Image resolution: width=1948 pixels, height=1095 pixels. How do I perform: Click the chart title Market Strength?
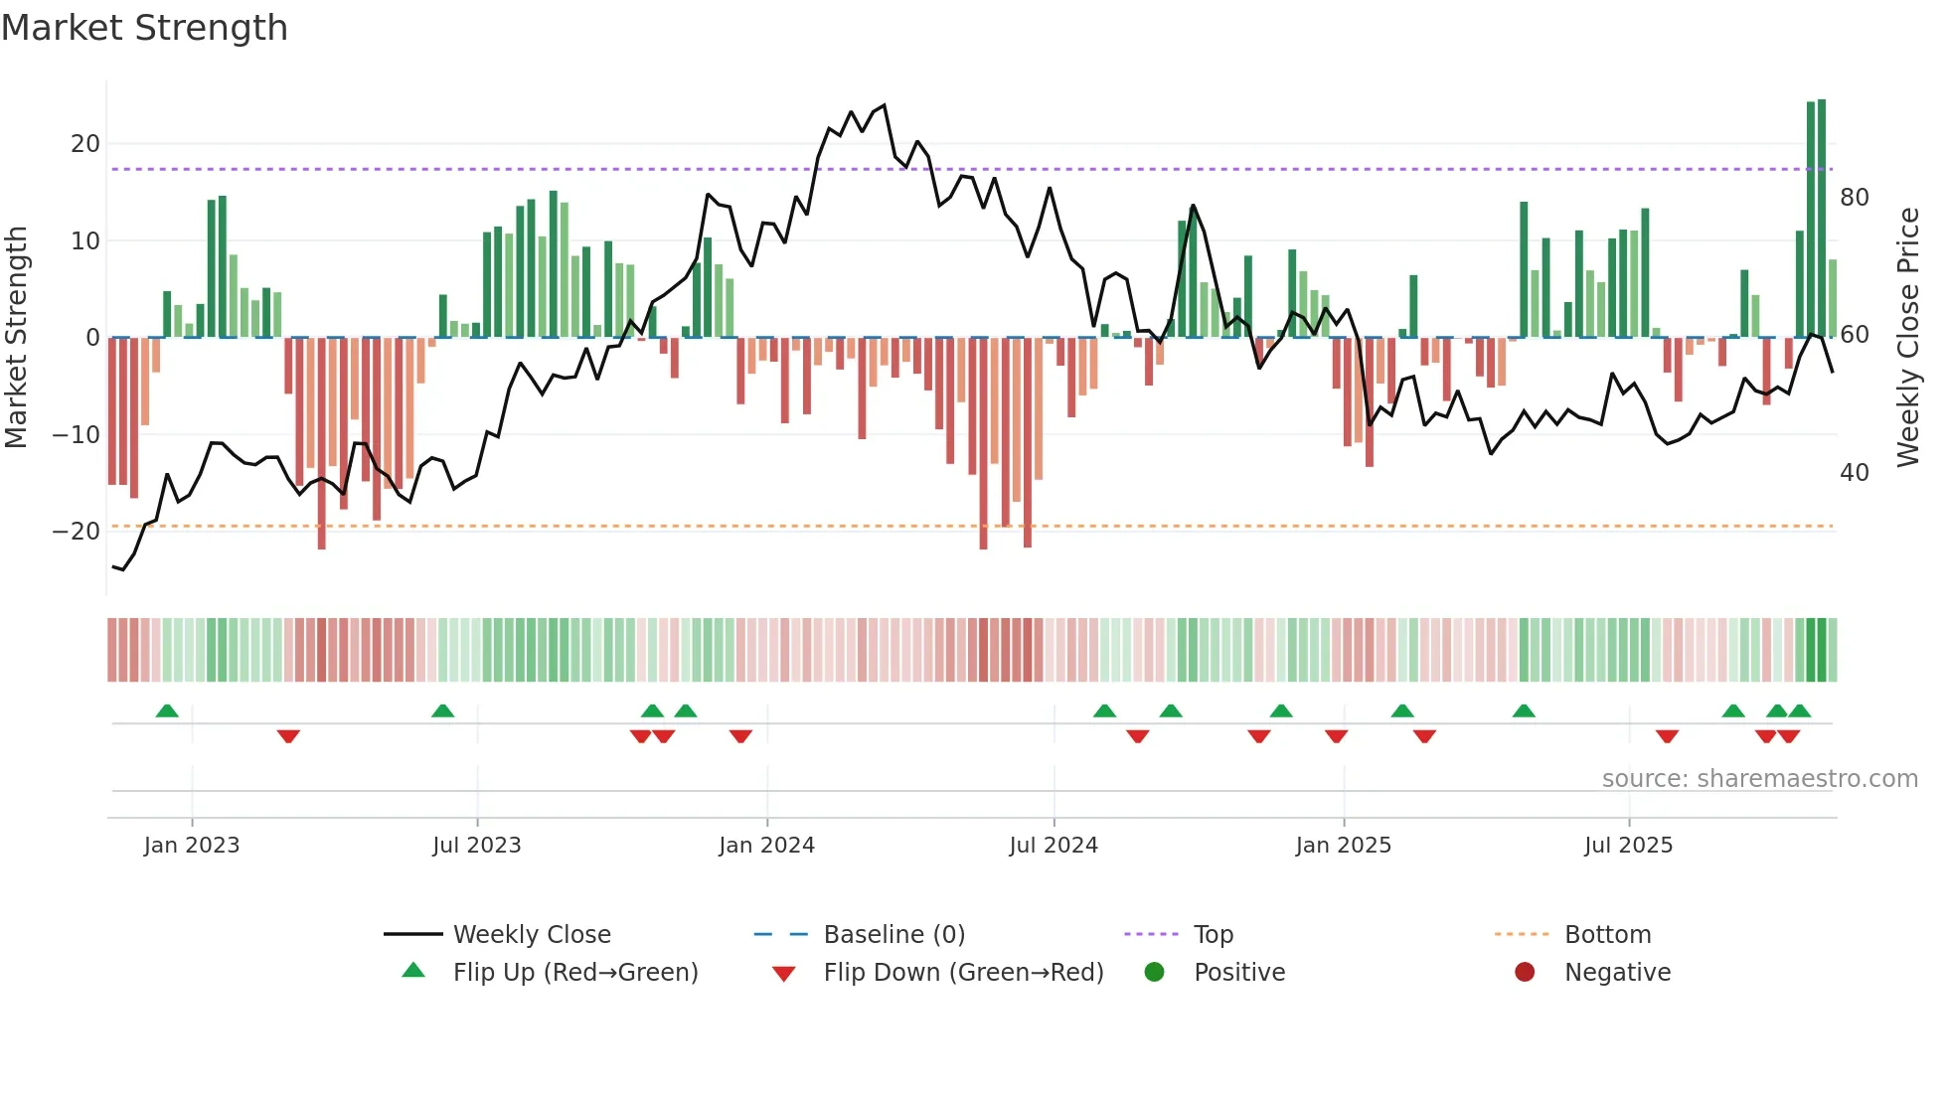pyautogui.click(x=144, y=28)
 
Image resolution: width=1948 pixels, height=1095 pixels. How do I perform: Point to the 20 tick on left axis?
pyautogui.click(x=85, y=144)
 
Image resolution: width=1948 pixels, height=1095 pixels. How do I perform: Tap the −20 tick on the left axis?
pyautogui.click(x=77, y=532)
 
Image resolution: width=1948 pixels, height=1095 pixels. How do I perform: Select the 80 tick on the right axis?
pyautogui.click(x=1854, y=198)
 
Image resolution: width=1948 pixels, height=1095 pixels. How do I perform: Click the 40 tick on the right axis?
pyautogui.click(x=1854, y=473)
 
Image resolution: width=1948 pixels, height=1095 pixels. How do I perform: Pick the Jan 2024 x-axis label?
pyautogui.click(x=766, y=846)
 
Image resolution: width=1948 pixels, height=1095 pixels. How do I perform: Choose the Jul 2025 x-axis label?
pyautogui.click(x=1628, y=846)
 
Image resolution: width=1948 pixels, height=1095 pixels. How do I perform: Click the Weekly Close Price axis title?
pyautogui.click(x=1907, y=338)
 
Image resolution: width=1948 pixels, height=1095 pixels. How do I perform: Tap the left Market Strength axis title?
pyautogui.click(x=17, y=338)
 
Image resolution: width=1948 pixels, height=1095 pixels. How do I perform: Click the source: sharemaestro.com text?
pyautogui.click(x=1759, y=779)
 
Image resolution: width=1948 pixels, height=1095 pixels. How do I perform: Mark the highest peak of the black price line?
pyautogui.click(x=884, y=105)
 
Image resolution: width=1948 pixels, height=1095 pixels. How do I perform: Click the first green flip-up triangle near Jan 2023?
pyautogui.click(x=167, y=710)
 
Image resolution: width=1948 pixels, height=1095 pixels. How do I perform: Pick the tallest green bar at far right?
pyautogui.click(x=1822, y=219)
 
